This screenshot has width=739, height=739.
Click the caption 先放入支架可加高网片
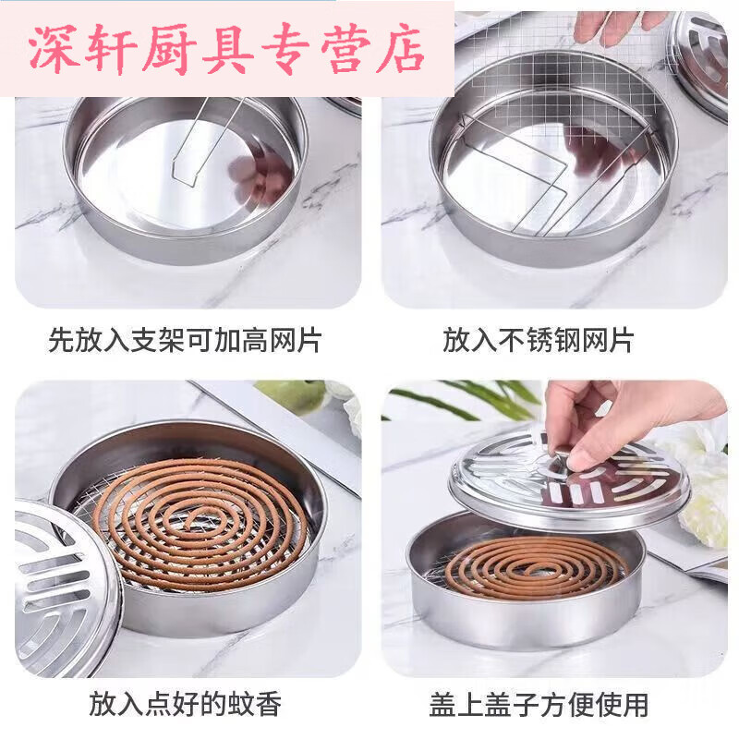185,341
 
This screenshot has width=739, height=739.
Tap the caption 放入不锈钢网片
539,341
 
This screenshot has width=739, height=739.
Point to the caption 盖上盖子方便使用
539,706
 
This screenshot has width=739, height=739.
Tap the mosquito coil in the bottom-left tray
199,522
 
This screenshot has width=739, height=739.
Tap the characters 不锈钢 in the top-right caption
539,341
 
